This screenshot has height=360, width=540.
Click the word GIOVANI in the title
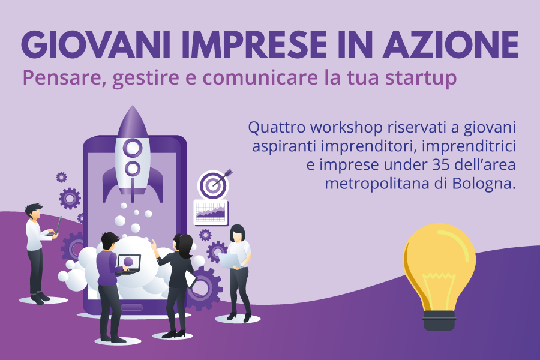95,45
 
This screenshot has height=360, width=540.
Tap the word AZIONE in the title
451,45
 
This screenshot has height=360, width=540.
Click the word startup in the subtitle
421,79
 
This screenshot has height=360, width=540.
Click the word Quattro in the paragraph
277,127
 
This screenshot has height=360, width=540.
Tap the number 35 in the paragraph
441,164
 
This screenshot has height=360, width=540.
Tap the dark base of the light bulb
439,320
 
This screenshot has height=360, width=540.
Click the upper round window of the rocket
133,148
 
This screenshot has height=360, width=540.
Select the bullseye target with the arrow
214,184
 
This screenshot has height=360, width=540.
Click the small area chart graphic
211,212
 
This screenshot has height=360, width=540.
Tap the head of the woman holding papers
238,233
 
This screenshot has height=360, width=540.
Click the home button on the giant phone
131,307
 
